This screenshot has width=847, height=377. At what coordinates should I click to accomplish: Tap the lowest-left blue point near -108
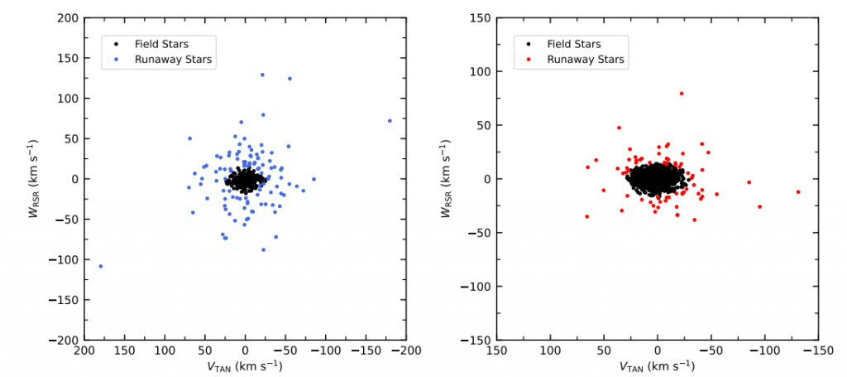click(x=101, y=266)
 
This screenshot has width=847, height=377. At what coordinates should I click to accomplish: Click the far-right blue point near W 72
click(x=390, y=121)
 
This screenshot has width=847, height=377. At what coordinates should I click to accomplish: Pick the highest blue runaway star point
click(x=262, y=75)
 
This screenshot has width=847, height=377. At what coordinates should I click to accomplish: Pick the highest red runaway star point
click(x=682, y=94)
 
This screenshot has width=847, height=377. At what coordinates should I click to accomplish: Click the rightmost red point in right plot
click(x=798, y=192)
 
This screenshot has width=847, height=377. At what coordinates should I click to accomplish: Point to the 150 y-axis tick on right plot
click(x=479, y=17)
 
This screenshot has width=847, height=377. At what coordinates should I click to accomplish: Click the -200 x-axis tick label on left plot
click(x=406, y=351)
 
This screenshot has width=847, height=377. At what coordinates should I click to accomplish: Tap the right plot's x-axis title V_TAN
click(x=658, y=365)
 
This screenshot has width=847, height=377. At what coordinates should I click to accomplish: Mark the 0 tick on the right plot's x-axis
click(x=658, y=351)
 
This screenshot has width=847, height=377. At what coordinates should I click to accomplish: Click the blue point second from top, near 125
click(x=290, y=79)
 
